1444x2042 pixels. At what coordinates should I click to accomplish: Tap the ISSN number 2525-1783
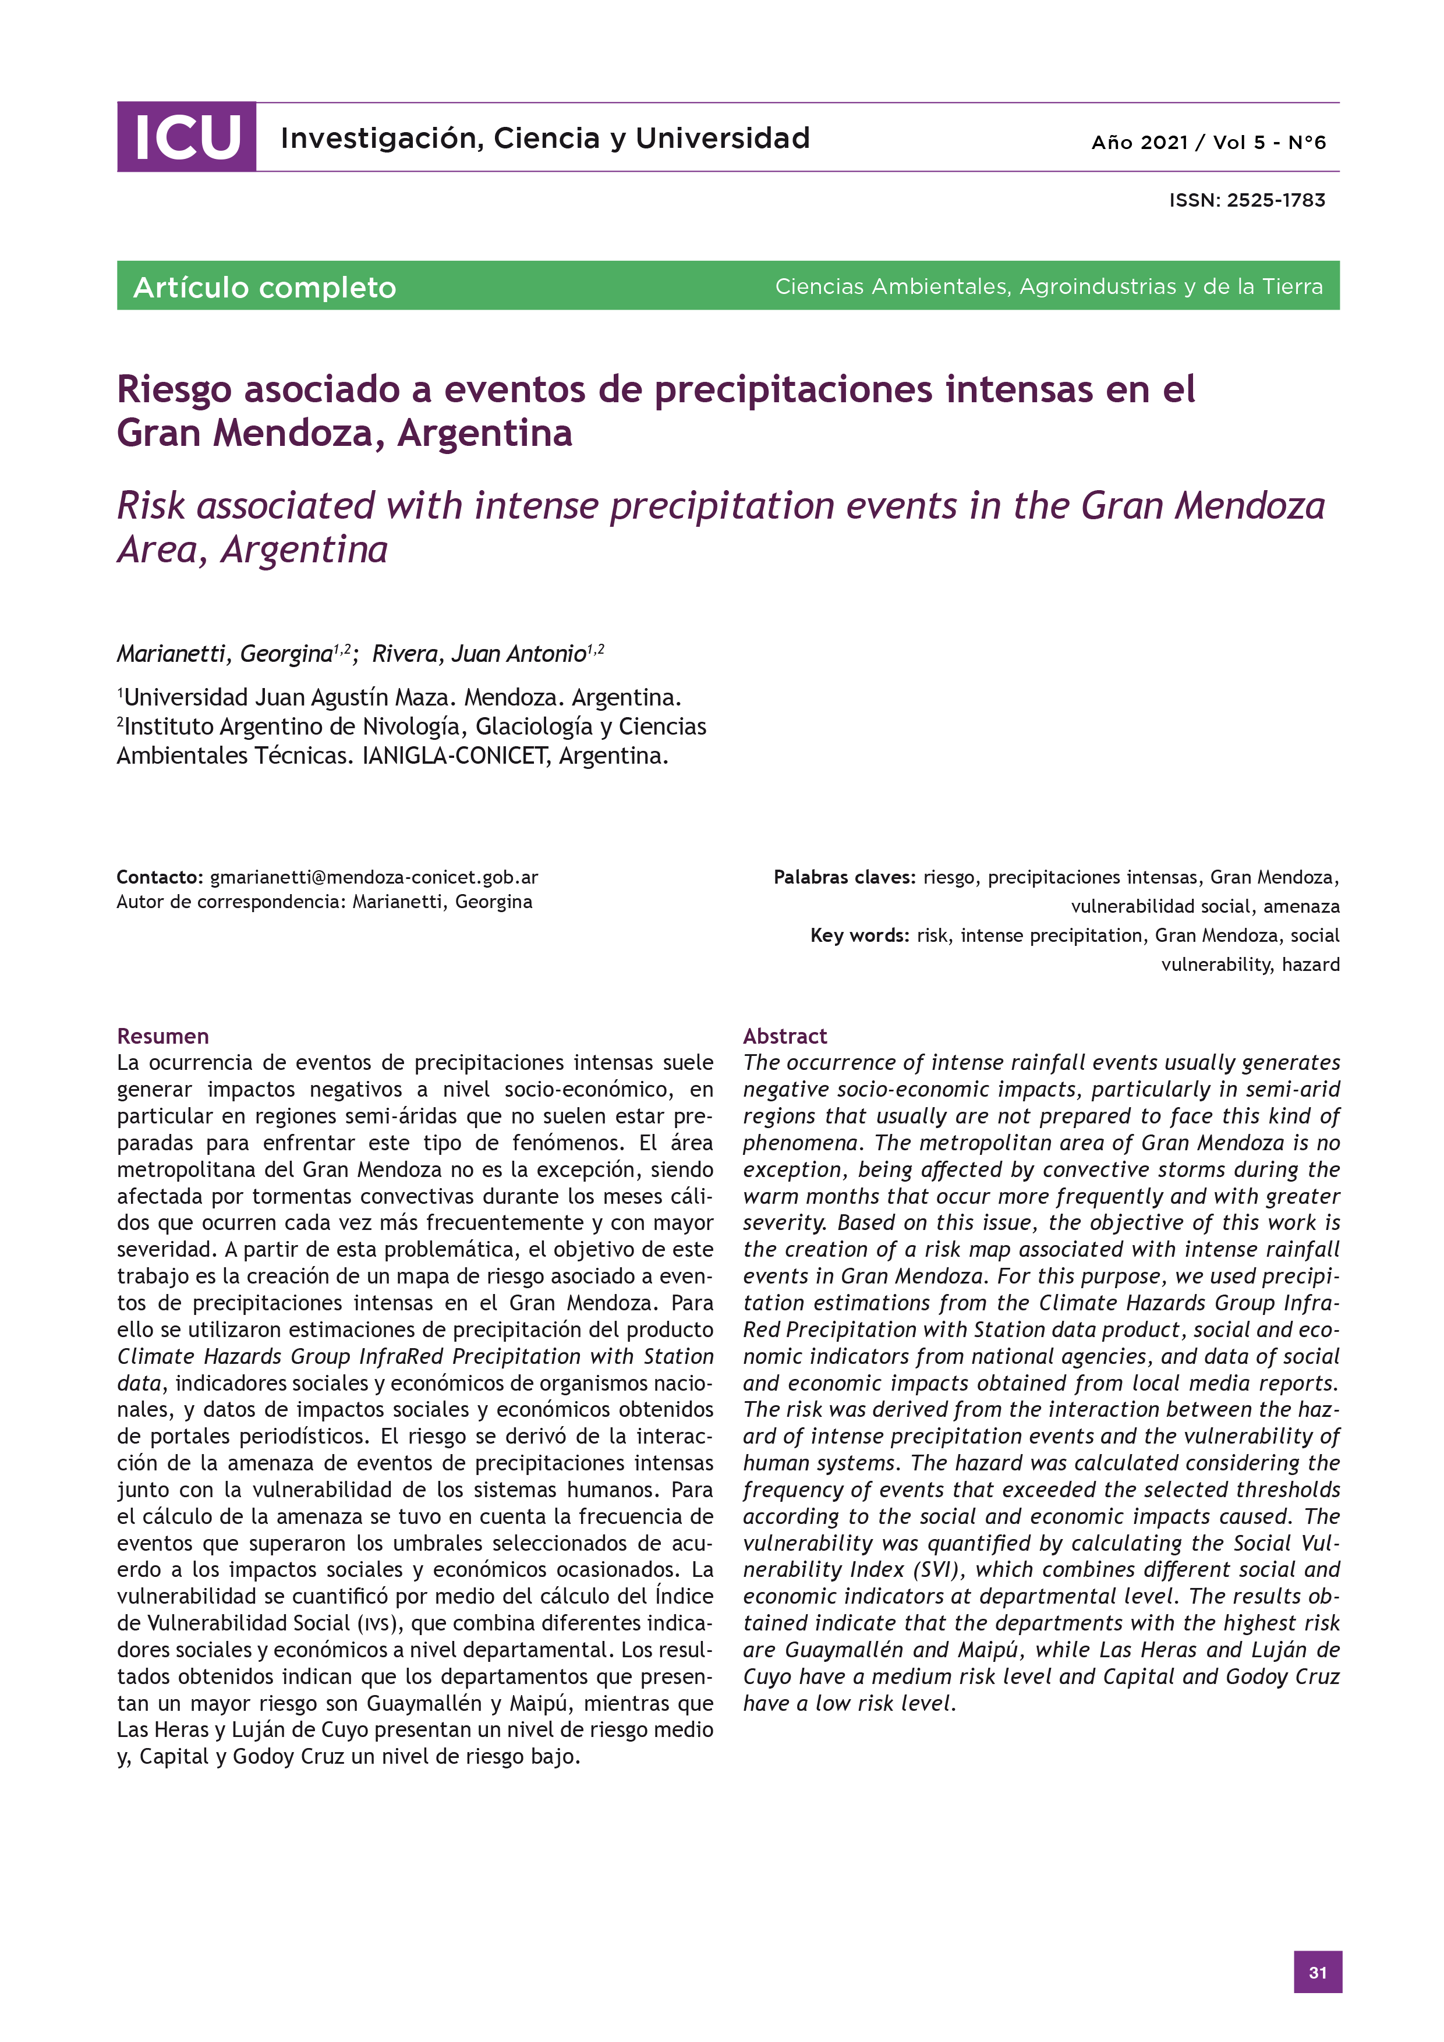[1275, 200]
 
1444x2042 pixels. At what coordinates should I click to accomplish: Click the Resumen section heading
[163, 1036]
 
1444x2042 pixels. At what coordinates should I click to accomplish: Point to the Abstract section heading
[785, 1036]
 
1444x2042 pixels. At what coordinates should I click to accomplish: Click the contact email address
[374, 877]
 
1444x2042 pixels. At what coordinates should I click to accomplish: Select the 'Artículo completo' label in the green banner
[264, 288]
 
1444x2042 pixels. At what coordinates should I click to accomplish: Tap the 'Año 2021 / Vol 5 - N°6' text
[1208, 142]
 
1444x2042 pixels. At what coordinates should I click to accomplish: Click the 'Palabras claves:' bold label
[844, 877]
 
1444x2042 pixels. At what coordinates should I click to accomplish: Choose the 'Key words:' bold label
[859, 935]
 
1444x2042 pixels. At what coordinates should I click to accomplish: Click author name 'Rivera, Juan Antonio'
[479, 654]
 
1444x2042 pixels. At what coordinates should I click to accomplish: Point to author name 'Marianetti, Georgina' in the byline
[224, 654]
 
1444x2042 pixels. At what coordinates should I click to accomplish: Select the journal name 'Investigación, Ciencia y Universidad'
[544, 138]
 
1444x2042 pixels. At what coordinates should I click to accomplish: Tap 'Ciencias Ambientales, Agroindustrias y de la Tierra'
[1048, 286]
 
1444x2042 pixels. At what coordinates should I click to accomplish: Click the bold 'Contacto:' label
[160, 877]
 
